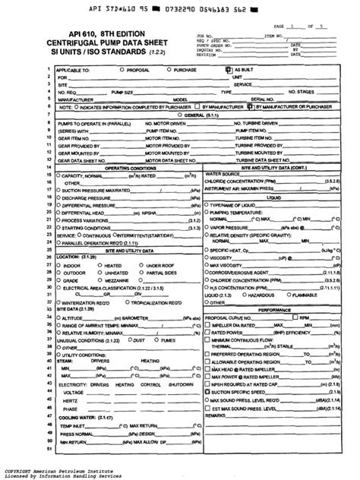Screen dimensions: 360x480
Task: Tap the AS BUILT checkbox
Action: coord(228,68)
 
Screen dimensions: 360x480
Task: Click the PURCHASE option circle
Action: coord(170,68)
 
